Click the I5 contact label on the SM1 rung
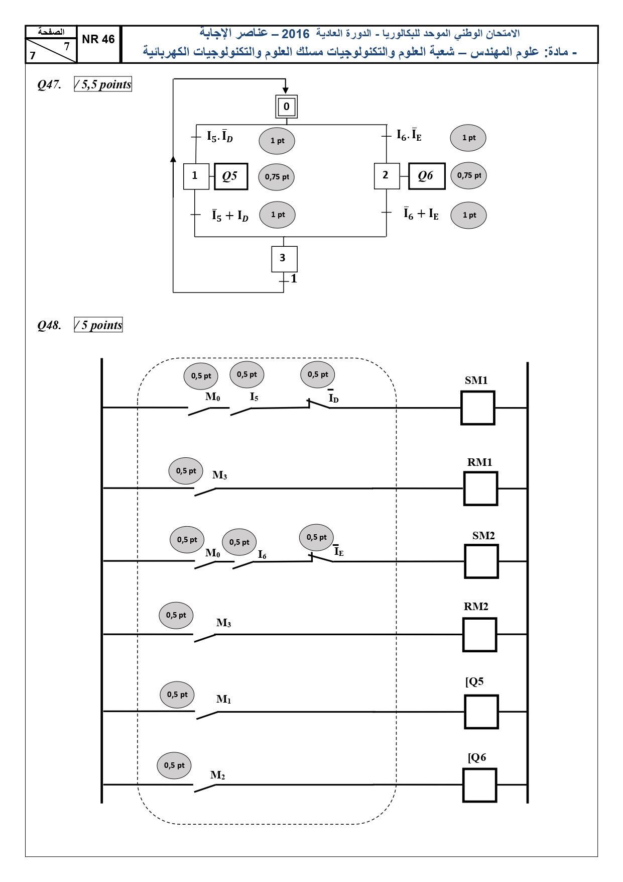254,397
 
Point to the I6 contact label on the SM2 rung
262,554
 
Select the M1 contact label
224,699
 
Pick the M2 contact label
218,775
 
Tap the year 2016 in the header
295,34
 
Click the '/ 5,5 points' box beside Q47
103,84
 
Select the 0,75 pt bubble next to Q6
469,175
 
